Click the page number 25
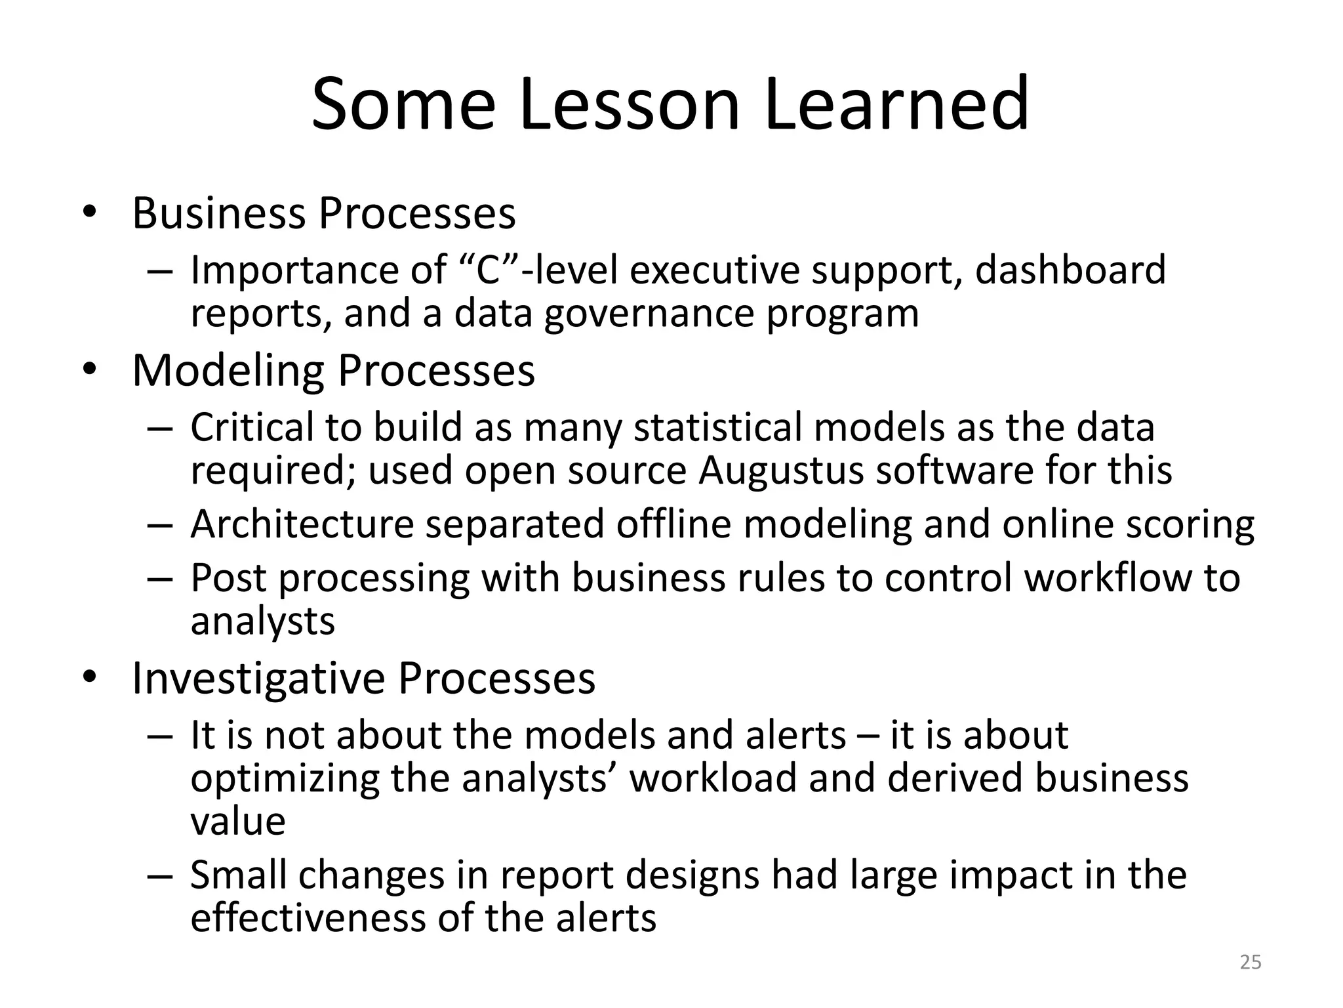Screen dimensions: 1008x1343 1251,962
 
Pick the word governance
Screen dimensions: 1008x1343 649,314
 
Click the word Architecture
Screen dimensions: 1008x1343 302,524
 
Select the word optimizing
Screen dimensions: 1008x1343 285,779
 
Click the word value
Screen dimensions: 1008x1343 238,821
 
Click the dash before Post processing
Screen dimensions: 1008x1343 160,579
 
